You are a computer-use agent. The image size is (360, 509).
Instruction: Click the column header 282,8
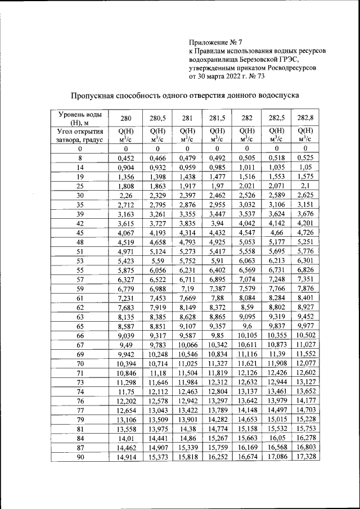point(304,118)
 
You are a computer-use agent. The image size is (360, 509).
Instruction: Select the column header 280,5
point(157,118)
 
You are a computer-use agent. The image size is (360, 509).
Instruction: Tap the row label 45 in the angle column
point(80,232)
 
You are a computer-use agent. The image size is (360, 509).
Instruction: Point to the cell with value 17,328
point(304,457)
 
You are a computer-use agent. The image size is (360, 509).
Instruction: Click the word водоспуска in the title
point(272,96)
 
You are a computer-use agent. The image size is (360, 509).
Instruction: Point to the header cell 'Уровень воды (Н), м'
point(80,118)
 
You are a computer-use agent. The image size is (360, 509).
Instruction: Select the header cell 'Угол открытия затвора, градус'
point(80,136)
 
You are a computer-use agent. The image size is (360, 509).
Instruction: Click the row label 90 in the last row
point(80,457)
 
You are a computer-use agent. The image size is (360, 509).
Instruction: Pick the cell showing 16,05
point(276,438)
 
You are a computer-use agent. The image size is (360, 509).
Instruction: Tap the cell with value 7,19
point(187,287)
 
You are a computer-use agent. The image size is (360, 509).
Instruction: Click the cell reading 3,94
point(217,223)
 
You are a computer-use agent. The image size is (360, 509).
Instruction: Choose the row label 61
point(80,297)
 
